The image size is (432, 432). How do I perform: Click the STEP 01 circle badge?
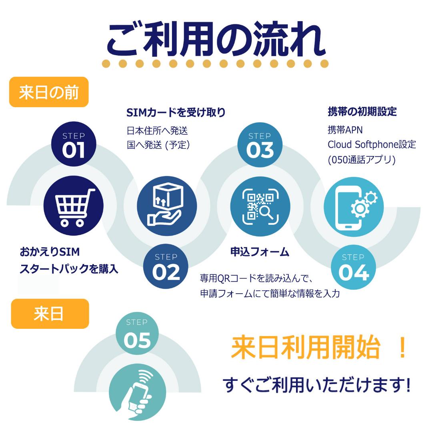point(74,144)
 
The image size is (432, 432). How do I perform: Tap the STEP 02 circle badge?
point(166,266)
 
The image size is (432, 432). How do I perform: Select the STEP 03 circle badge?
point(260,145)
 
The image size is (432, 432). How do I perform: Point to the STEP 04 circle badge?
point(354,267)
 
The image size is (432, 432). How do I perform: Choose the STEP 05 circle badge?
point(137,333)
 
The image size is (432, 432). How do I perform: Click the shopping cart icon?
point(74,206)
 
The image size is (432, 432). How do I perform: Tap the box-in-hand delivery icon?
point(167,206)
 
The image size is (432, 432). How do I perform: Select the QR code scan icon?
point(260,206)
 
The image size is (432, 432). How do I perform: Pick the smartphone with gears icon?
point(354,207)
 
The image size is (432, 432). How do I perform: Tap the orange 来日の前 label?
point(49,92)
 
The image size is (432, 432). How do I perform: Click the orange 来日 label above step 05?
point(50,314)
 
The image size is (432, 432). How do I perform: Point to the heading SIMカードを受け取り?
point(176,112)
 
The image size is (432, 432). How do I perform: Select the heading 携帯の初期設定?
point(362,112)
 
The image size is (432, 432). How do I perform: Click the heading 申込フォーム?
point(260,252)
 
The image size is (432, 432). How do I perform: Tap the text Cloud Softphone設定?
point(372,144)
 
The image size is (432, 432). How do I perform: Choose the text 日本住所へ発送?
point(157,130)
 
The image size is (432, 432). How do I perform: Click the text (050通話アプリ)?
point(362,160)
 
